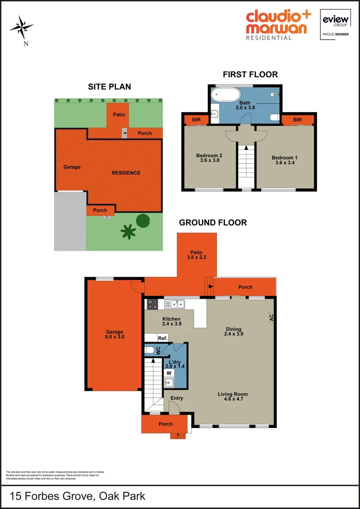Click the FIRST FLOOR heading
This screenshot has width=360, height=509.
pos(250,74)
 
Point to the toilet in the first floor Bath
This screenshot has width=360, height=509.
pos(275,116)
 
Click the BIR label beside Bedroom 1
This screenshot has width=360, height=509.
pos(297,120)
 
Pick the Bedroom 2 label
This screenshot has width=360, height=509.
pos(209,158)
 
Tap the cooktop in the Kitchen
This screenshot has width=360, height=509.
pos(153,304)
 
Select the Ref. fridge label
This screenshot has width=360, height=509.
pos(162,338)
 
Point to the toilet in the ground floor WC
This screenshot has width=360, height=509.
pos(149,350)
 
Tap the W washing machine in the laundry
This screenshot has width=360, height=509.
pos(169,372)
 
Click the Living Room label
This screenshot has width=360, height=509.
pos(233,396)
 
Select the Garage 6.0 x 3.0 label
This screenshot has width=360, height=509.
pos(114,334)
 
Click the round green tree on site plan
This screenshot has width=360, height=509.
pos(143,220)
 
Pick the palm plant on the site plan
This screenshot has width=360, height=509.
pos(128,232)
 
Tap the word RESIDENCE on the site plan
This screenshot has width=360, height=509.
pos(126,173)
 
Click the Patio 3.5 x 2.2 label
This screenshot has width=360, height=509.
pos(196,255)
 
